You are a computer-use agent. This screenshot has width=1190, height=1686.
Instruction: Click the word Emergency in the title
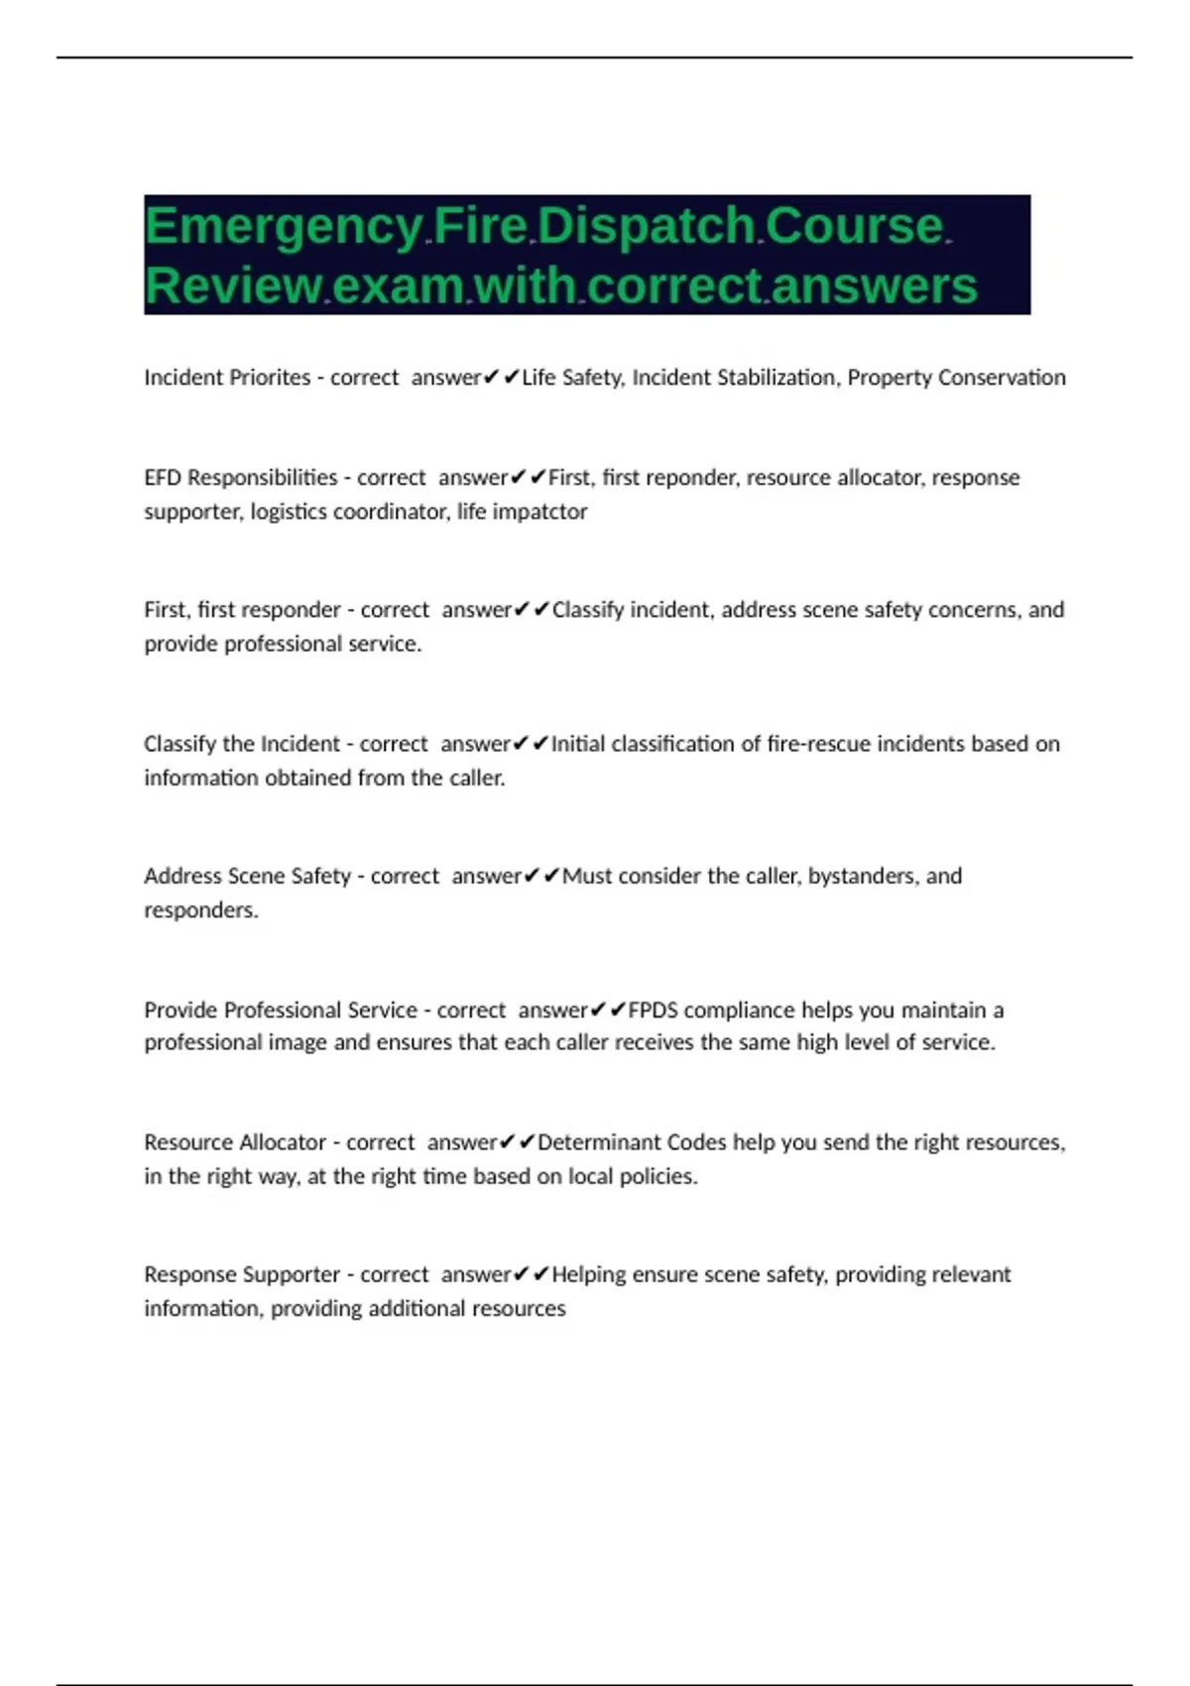(x=284, y=226)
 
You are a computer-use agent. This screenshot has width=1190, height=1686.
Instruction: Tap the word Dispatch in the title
(x=647, y=226)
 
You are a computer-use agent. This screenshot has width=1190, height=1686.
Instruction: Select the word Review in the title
(x=233, y=286)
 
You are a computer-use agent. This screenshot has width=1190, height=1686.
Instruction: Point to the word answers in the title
(x=874, y=286)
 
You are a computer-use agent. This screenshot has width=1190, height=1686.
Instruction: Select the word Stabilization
(x=770, y=378)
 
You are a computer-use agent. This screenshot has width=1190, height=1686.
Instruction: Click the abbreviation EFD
(x=163, y=478)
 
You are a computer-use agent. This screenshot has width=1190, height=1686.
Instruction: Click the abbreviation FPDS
(x=653, y=1011)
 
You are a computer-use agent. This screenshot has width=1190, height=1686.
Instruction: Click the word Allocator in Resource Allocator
(x=284, y=1143)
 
